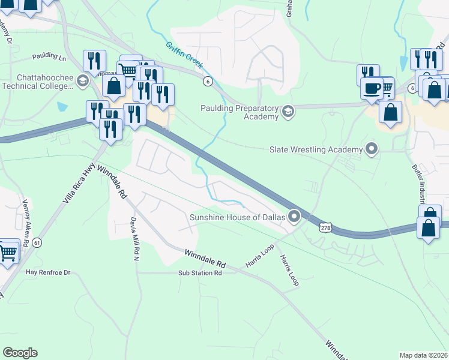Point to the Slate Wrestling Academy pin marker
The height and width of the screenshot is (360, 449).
coord(372,148)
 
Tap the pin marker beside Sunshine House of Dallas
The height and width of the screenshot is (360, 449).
coord(294,215)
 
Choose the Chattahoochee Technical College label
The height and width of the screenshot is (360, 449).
coord(37,82)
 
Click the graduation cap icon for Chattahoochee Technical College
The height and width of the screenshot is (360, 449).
coord(82,82)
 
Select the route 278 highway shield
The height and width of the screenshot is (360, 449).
coord(325,228)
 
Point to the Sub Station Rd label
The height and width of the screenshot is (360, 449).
coord(200,272)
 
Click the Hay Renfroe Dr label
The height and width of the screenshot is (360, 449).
coord(48,272)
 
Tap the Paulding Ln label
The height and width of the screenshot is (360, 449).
coord(49,56)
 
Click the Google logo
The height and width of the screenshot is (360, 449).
coord(20,353)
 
